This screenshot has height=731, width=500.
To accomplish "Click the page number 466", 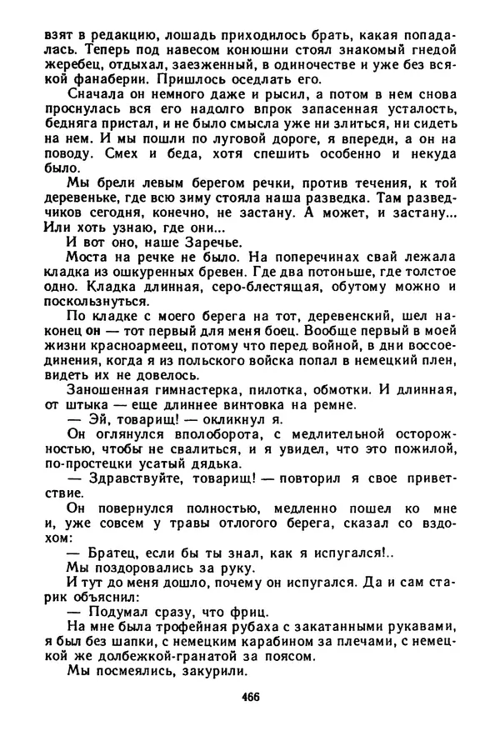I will (x=249, y=698).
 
